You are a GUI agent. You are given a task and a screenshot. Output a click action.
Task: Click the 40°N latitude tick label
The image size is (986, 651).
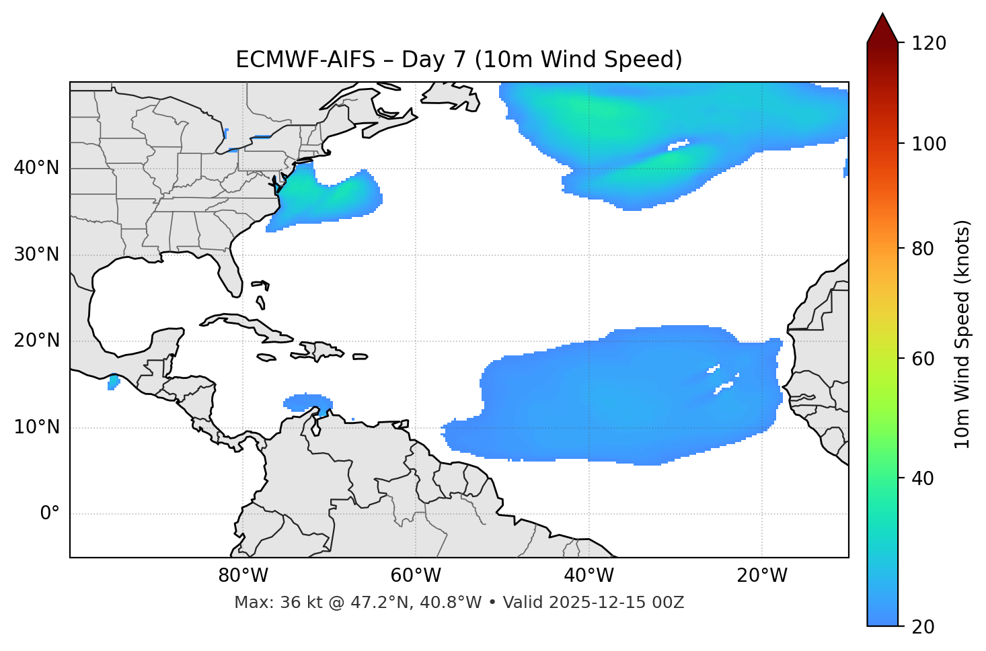(x=36, y=168)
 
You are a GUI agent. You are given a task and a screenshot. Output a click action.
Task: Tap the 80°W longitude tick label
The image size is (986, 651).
(x=243, y=576)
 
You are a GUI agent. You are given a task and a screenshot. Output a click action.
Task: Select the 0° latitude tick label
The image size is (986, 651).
(x=50, y=514)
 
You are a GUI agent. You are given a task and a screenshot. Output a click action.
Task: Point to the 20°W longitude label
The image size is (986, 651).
(x=762, y=576)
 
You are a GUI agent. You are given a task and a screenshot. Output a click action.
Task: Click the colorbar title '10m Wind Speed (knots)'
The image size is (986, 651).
(x=962, y=334)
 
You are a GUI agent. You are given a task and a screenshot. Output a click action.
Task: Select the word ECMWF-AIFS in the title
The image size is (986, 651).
(x=305, y=60)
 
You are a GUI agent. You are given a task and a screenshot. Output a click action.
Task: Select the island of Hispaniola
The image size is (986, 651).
(x=319, y=350)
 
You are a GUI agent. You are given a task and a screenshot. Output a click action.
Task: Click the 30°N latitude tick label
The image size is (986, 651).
(x=36, y=255)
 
